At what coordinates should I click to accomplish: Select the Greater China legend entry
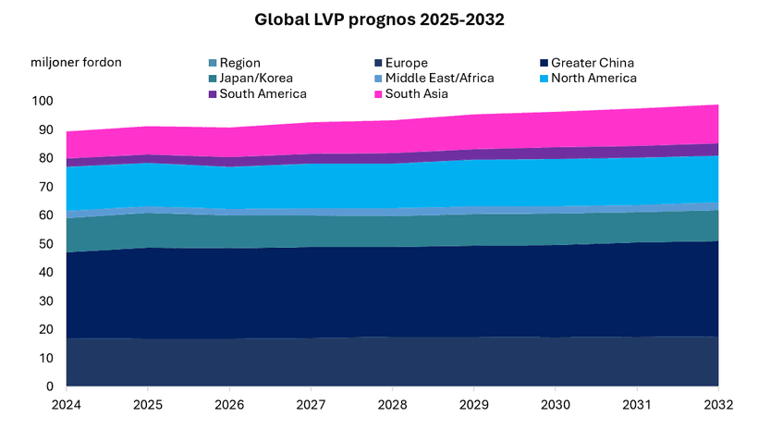point(592,63)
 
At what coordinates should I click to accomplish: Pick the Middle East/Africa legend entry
point(439,79)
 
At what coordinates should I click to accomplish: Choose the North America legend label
point(591,79)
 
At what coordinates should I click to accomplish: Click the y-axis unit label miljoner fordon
point(76,62)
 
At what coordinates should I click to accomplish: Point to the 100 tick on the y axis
point(42,101)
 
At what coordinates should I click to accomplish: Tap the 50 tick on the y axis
point(45,244)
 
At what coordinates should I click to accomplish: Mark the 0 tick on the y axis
point(49,386)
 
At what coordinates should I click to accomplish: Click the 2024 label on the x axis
point(67,405)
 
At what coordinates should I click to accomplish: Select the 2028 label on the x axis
point(393,405)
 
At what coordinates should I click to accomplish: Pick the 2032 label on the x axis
point(718,405)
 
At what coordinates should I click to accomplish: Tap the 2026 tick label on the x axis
point(229,405)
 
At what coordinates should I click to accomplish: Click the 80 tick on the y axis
point(45,158)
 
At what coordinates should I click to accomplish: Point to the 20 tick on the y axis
point(45,329)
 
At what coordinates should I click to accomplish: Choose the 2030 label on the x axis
point(556,405)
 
